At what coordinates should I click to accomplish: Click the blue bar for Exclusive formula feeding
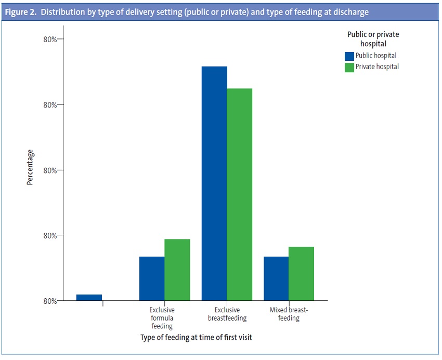click(152, 278)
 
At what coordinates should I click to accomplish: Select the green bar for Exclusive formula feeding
click(177, 270)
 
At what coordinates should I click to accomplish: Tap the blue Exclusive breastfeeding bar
click(214, 183)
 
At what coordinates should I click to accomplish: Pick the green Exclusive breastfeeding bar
click(240, 194)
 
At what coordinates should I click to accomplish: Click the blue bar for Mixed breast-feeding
click(276, 278)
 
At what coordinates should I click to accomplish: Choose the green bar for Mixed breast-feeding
click(301, 273)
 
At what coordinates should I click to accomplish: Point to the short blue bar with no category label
click(89, 297)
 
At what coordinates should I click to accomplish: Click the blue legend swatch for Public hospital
click(349, 56)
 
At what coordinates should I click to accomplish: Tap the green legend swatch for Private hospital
click(349, 67)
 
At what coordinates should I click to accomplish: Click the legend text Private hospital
click(377, 67)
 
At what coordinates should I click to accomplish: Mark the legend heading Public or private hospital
click(373, 39)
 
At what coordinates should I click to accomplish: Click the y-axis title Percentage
click(30, 167)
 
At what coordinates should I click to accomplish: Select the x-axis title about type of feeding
click(196, 337)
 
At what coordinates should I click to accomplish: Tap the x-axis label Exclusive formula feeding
click(162, 318)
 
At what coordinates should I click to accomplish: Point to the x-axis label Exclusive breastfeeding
click(227, 314)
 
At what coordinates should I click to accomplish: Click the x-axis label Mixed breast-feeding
click(289, 314)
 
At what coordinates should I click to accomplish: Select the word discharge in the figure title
click(349, 12)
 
